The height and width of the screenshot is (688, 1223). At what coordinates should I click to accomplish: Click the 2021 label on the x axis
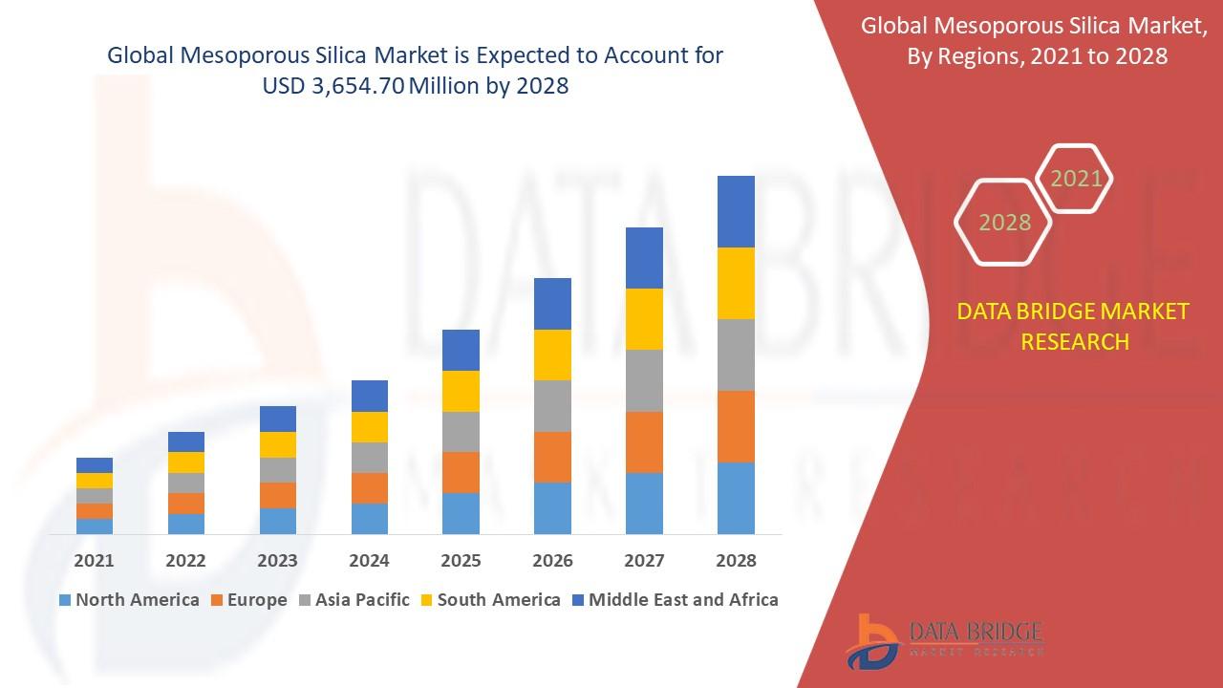pyautogui.click(x=94, y=561)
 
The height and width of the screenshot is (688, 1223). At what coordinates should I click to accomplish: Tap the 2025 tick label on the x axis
pyautogui.click(x=461, y=561)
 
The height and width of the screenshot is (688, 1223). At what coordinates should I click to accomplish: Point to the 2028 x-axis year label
pyautogui.click(x=736, y=561)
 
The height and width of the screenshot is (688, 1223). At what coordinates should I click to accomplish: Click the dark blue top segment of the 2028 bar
pyautogui.click(x=736, y=211)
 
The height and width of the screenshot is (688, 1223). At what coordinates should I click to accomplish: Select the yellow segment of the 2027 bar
pyautogui.click(x=644, y=318)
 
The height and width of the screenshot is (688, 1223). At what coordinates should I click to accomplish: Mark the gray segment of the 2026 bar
pyautogui.click(x=552, y=406)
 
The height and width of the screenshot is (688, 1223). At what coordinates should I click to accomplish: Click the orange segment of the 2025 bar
pyautogui.click(x=461, y=472)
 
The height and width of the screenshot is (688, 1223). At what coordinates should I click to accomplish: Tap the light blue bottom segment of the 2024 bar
pyautogui.click(x=369, y=518)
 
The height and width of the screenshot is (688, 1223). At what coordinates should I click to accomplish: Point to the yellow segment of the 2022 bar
pyautogui.click(x=185, y=462)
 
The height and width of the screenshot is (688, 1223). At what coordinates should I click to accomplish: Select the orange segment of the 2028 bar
pyautogui.click(x=736, y=426)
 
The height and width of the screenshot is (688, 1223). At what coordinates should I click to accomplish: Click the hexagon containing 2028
pyautogui.click(x=1003, y=222)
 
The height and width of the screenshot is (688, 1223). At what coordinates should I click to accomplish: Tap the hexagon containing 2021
pyautogui.click(x=1075, y=179)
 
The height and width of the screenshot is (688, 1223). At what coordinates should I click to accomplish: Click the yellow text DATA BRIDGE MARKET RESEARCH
pyautogui.click(x=1074, y=326)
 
